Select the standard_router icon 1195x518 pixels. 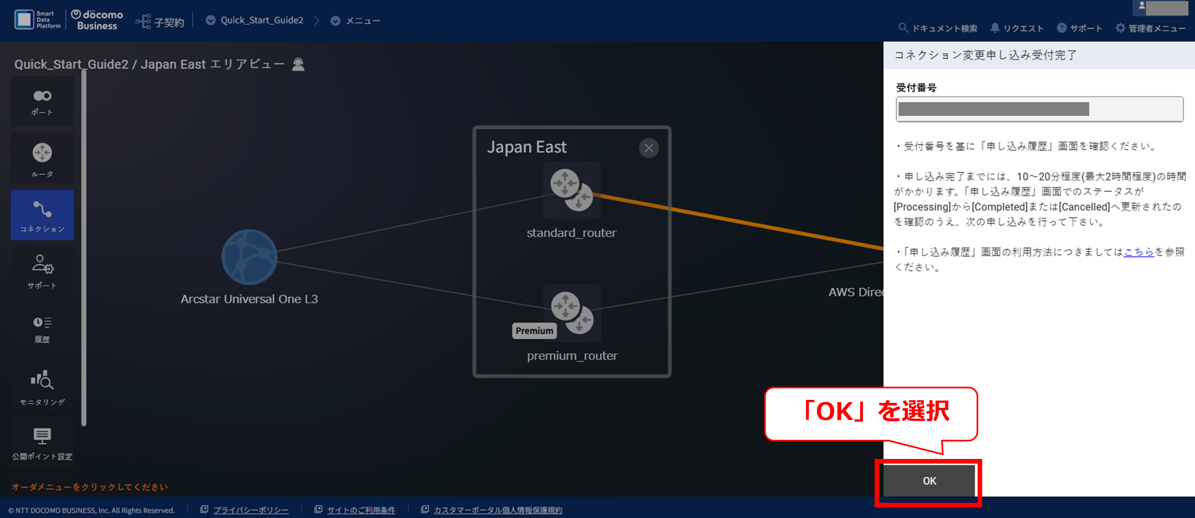[x=571, y=190]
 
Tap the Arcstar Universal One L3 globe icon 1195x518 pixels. [x=249, y=257]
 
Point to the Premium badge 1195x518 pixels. [x=534, y=331]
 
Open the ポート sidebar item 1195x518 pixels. [x=42, y=102]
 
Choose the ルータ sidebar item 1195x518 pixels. [x=42, y=159]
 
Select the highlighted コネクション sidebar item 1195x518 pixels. [x=42, y=215]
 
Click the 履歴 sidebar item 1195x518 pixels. [x=42, y=329]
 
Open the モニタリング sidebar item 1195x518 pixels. [x=42, y=387]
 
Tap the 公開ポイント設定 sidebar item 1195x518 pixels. [x=42, y=443]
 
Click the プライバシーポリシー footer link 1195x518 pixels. [x=250, y=510]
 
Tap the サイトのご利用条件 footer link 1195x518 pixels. [x=361, y=510]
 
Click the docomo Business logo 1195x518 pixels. [x=97, y=20]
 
